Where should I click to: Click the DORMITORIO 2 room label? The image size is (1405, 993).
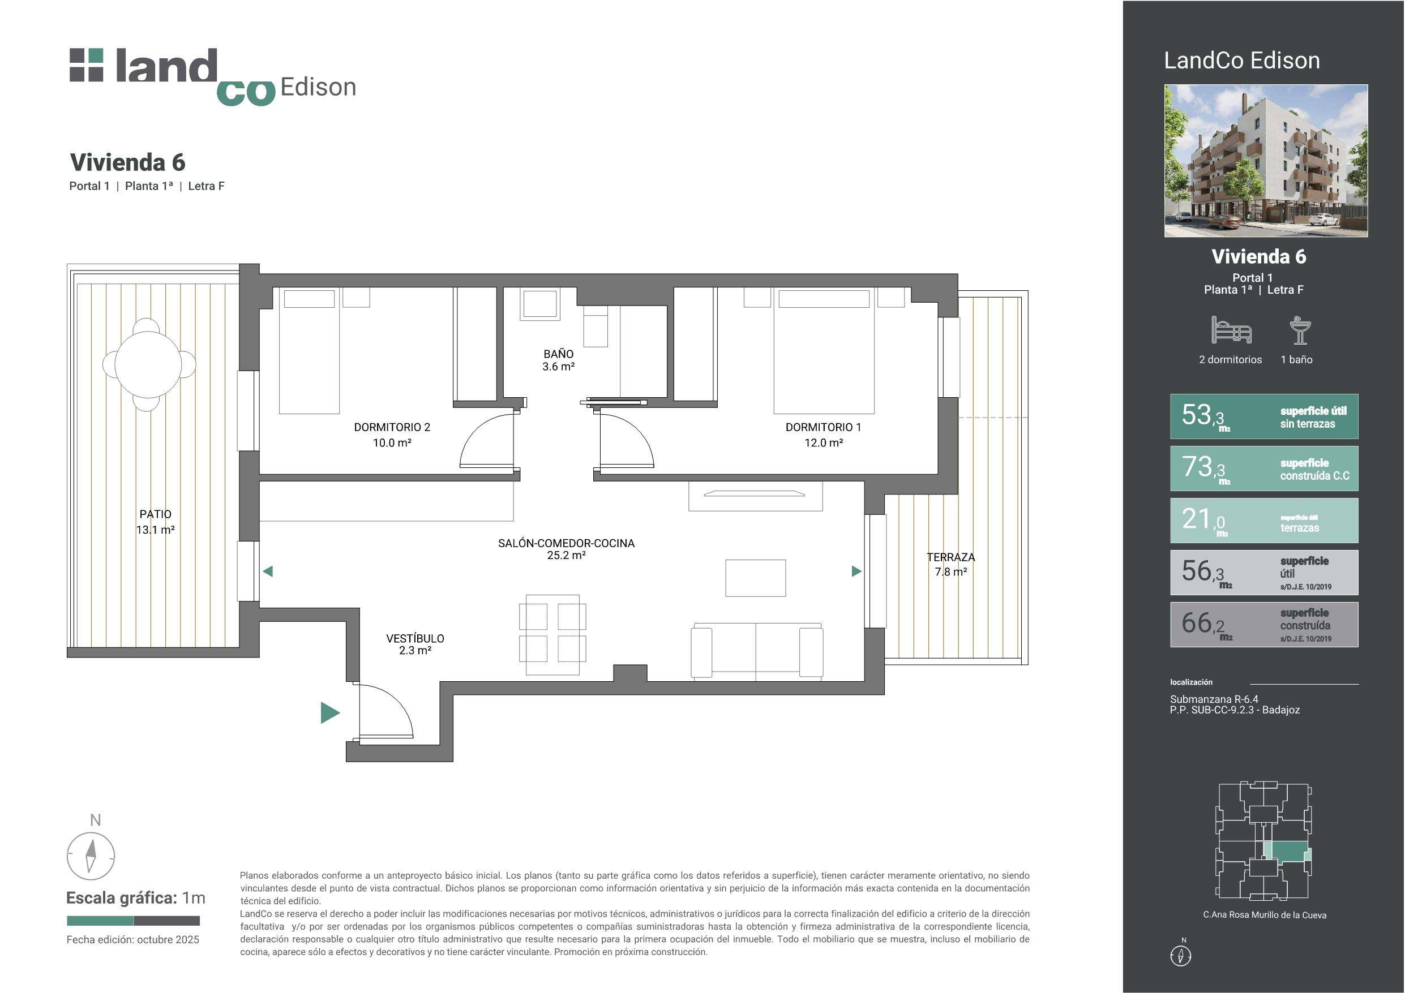pos(392,435)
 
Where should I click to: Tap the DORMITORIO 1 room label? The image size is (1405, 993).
pos(823,435)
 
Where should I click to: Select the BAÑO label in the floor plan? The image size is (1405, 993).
pos(558,360)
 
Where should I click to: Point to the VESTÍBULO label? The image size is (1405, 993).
pos(415,644)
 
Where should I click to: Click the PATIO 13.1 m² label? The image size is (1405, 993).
pos(156,522)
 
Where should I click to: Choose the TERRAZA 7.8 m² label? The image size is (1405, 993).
pos(950,564)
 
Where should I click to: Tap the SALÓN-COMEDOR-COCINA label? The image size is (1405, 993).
pos(566,549)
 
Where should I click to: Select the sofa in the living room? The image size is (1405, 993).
pos(756,652)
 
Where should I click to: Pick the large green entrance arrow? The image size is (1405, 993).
pos(330,713)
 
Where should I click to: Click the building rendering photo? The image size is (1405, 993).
pos(1266,161)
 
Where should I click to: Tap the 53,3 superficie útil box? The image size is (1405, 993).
pos(1263,416)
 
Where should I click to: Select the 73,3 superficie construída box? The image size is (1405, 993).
pos(1263,468)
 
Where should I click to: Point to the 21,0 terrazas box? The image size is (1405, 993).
pos(1263,521)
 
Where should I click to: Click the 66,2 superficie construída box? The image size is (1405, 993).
pos(1263,625)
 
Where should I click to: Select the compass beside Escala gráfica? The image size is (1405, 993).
pos(91,856)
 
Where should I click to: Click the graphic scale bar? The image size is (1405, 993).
pos(134,920)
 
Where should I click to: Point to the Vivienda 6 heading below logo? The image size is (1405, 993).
pos(127,162)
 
